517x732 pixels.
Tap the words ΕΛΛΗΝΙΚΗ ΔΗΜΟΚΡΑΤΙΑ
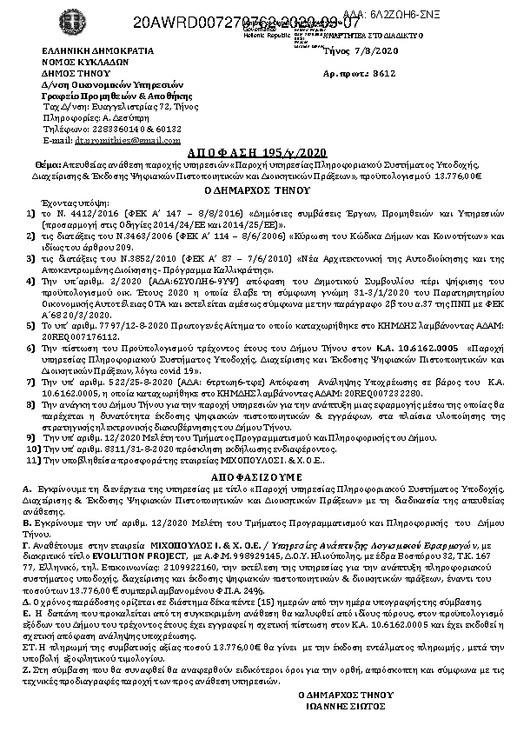(85, 52)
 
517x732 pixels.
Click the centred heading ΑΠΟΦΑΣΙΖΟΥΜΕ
(257, 476)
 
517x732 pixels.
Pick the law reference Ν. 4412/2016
(83, 211)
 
